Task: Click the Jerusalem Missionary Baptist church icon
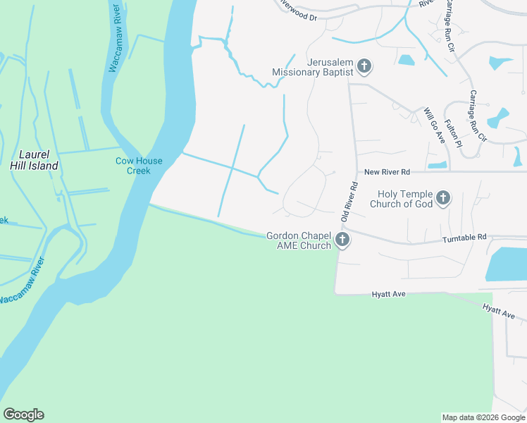click(x=364, y=67)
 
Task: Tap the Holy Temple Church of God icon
click(x=443, y=198)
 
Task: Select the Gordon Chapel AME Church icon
click(x=342, y=240)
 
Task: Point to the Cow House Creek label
click(x=139, y=166)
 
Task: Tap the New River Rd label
click(x=386, y=172)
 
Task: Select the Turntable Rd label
click(x=464, y=238)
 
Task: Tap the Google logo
click(x=23, y=415)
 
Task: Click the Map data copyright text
click(x=483, y=417)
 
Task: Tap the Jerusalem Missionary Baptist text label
click(x=313, y=66)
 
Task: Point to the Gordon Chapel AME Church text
click(x=299, y=240)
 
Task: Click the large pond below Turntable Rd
click(x=508, y=262)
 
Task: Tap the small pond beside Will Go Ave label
click(x=437, y=165)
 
